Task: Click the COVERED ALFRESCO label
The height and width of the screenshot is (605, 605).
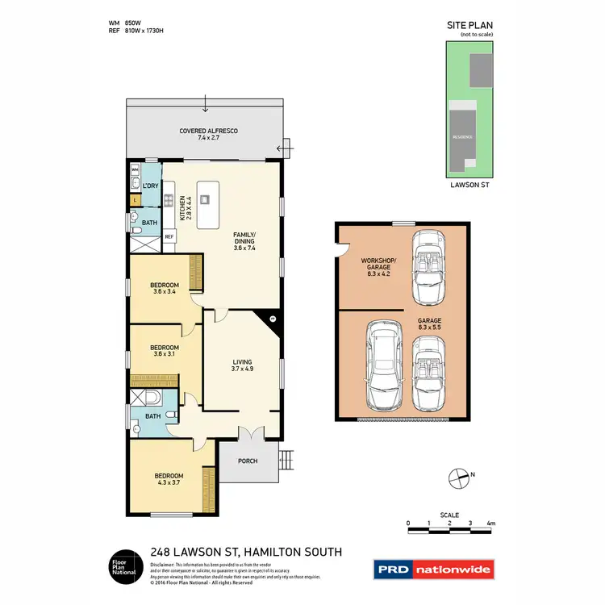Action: click(x=208, y=134)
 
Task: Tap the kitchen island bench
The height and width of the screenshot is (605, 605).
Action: click(x=208, y=205)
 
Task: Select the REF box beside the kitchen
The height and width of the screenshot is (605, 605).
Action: click(x=169, y=236)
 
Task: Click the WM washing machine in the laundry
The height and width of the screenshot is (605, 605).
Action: click(x=136, y=170)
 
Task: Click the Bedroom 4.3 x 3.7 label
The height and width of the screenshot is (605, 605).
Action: click(x=169, y=479)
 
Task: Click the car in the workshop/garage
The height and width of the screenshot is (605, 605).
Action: click(x=426, y=266)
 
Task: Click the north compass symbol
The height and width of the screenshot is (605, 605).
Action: click(x=458, y=478)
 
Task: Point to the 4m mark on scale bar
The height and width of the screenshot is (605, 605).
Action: click(x=490, y=524)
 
